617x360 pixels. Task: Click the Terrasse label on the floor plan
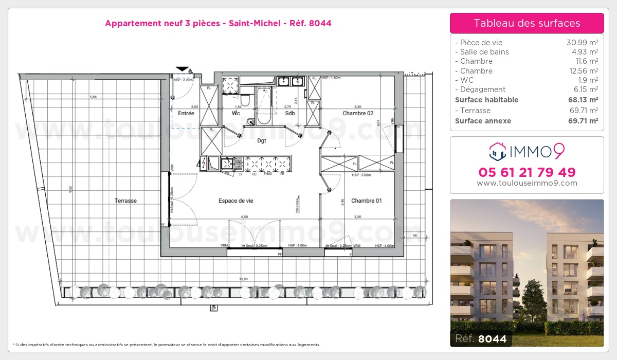[x=125, y=201]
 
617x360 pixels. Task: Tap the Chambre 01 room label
[x=366, y=201]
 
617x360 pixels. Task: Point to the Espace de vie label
[x=235, y=201]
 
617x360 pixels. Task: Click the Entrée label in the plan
[x=186, y=113]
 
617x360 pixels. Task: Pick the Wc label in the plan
[x=236, y=113]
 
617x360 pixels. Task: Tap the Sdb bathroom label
[x=289, y=113]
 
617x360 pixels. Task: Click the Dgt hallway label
[x=261, y=140]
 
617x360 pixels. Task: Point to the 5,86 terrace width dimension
[x=93, y=97]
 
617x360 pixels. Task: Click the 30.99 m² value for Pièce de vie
[x=582, y=43]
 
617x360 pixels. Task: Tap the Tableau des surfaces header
[x=527, y=23]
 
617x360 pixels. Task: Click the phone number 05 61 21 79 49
[x=527, y=172]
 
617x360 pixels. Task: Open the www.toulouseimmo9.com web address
[x=527, y=183]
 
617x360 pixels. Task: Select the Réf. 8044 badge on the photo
[x=481, y=338]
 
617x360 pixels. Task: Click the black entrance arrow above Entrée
[x=182, y=69]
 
